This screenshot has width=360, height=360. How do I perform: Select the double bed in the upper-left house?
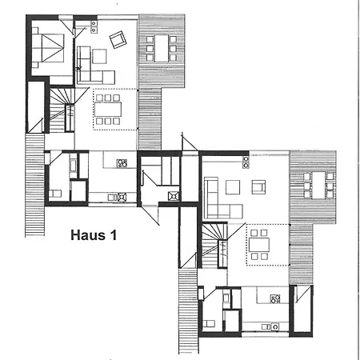click(x=47, y=45)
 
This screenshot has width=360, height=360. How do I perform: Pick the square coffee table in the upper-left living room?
click(x=98, y=56)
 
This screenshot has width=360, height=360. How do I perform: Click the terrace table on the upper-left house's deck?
click(x=160, y=48)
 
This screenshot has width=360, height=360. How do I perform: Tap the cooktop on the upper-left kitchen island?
click(x=122, y=163)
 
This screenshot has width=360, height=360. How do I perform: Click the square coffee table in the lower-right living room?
click(x=233, y=188)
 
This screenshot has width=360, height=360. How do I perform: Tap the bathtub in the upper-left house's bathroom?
click(x=74, y=168)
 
